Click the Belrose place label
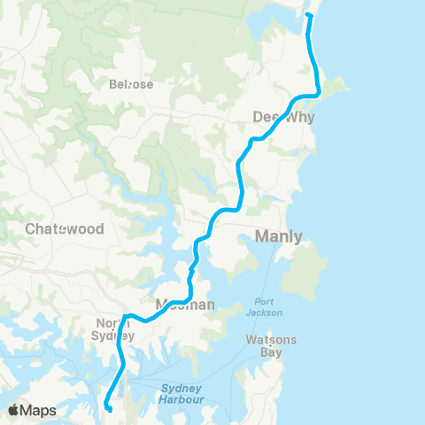pyautogui.click(x=131, y=85)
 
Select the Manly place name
pyautogui.click(x=278, y=236)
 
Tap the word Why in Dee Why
pyautogui.click(x=298, y=117)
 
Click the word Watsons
pyautogui.click(x=272, y=340)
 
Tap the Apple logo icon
pyautogui.click(x=14, y=410)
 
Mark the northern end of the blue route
pyautogui.click(x=309, y=15)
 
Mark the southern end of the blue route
pyautogui.click(x=108, y=409)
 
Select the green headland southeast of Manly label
pyautogui.click(x=306, y=271)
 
